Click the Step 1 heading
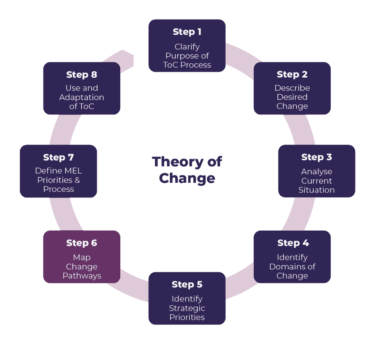click(187, 32)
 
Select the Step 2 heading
click(292, 74)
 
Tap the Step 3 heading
click(317, 157)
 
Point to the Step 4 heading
click(293, 243)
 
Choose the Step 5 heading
click(187, 284)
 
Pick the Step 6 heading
click(82, 243)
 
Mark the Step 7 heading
click(59, 157)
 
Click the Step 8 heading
click(82, 75)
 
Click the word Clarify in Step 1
click(187, 47)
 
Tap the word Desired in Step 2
click(292, 97)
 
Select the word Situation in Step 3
click(317, 190)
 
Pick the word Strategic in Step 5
click(187, 308)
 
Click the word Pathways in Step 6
click(82, 276)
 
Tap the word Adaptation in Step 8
click(82, 97)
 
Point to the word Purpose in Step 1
click(182, 56)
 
